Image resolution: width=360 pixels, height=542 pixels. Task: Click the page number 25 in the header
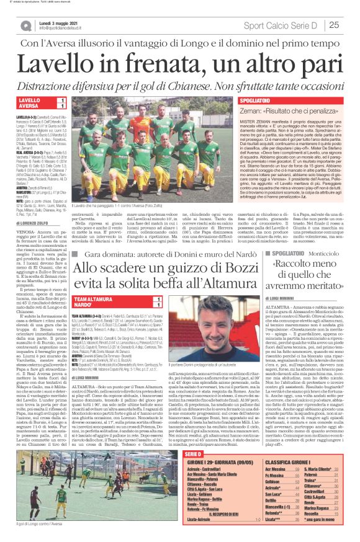[x=334, y=25]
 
